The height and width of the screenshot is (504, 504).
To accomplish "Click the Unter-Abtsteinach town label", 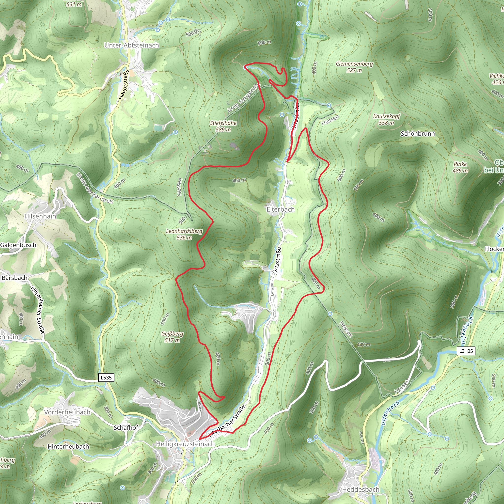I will click(131, 45).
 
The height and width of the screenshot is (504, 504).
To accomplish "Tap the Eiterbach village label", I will click(281, 209).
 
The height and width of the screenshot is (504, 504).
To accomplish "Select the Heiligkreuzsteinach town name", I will click(185, 444).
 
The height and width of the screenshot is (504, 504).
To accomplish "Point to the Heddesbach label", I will click(361, 489).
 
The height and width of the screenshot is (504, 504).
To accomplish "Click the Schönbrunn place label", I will click(418, 134).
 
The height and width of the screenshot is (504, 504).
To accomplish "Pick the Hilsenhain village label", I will click(40, 216).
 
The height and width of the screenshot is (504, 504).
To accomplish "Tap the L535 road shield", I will click(106, 378).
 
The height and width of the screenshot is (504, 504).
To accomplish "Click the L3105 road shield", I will click(466, 351).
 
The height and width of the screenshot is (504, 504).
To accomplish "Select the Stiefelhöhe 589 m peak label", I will click(223, 126).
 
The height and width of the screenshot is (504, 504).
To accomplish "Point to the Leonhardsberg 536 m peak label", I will click(184, 234).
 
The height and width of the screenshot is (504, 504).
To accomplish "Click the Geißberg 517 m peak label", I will click(172, 337).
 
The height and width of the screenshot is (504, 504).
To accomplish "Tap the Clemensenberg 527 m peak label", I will click(354, 67).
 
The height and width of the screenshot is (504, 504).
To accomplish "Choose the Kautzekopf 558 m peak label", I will click(386, 119).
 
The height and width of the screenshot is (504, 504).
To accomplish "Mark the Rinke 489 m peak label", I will click(460, 167).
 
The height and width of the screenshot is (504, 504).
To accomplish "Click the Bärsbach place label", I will click(14, 278).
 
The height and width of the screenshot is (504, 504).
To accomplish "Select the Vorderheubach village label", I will click(67, 412).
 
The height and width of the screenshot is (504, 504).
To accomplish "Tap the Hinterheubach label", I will click(68, 447).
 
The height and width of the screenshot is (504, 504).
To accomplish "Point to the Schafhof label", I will click(126, 427).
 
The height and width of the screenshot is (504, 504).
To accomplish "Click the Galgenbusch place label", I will click(18, 245).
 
